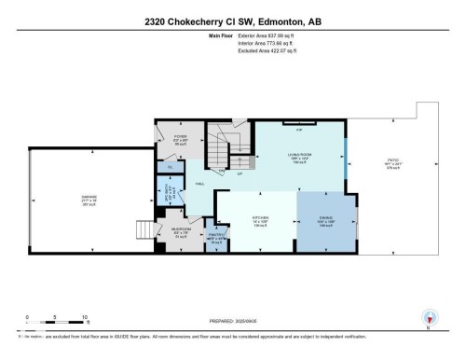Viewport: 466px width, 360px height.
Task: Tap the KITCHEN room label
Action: click(x=258, y=218)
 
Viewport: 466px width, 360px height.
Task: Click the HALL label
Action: click(x=199, y=185)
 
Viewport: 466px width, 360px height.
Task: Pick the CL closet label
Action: click(x=170, y=168)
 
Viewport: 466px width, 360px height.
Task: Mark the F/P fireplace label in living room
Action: click(x=298, y=132)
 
